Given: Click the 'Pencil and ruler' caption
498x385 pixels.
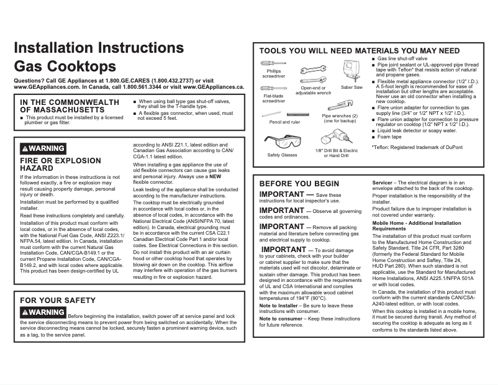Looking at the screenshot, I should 285,122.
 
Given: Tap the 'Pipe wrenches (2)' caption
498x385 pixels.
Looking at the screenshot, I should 340,116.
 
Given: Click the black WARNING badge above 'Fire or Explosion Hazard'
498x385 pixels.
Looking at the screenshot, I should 43,148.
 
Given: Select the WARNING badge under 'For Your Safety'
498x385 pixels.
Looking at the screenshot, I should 43,312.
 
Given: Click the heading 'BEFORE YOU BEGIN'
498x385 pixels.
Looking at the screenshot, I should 299,184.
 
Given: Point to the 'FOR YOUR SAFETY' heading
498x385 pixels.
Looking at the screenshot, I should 58,301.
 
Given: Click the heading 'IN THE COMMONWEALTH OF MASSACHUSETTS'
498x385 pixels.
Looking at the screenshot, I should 70,106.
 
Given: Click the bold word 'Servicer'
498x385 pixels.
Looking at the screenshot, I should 382,183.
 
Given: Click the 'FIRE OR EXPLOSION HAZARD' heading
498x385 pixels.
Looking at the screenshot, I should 60,164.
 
